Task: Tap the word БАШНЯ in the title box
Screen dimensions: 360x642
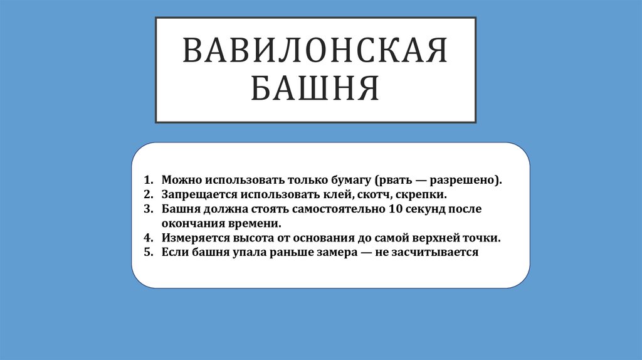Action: pos(315,88)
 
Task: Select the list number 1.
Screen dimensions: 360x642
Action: pos(147,179)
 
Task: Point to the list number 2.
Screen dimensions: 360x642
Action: pos(147,194)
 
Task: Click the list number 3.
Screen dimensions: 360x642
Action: pos(147,209)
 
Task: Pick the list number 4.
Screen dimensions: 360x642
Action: pos(147,238)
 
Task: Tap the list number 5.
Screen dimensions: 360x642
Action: pos(147,253)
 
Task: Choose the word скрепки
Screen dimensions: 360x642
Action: pos(422,194)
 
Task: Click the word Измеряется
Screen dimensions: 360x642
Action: pos(192,238)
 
